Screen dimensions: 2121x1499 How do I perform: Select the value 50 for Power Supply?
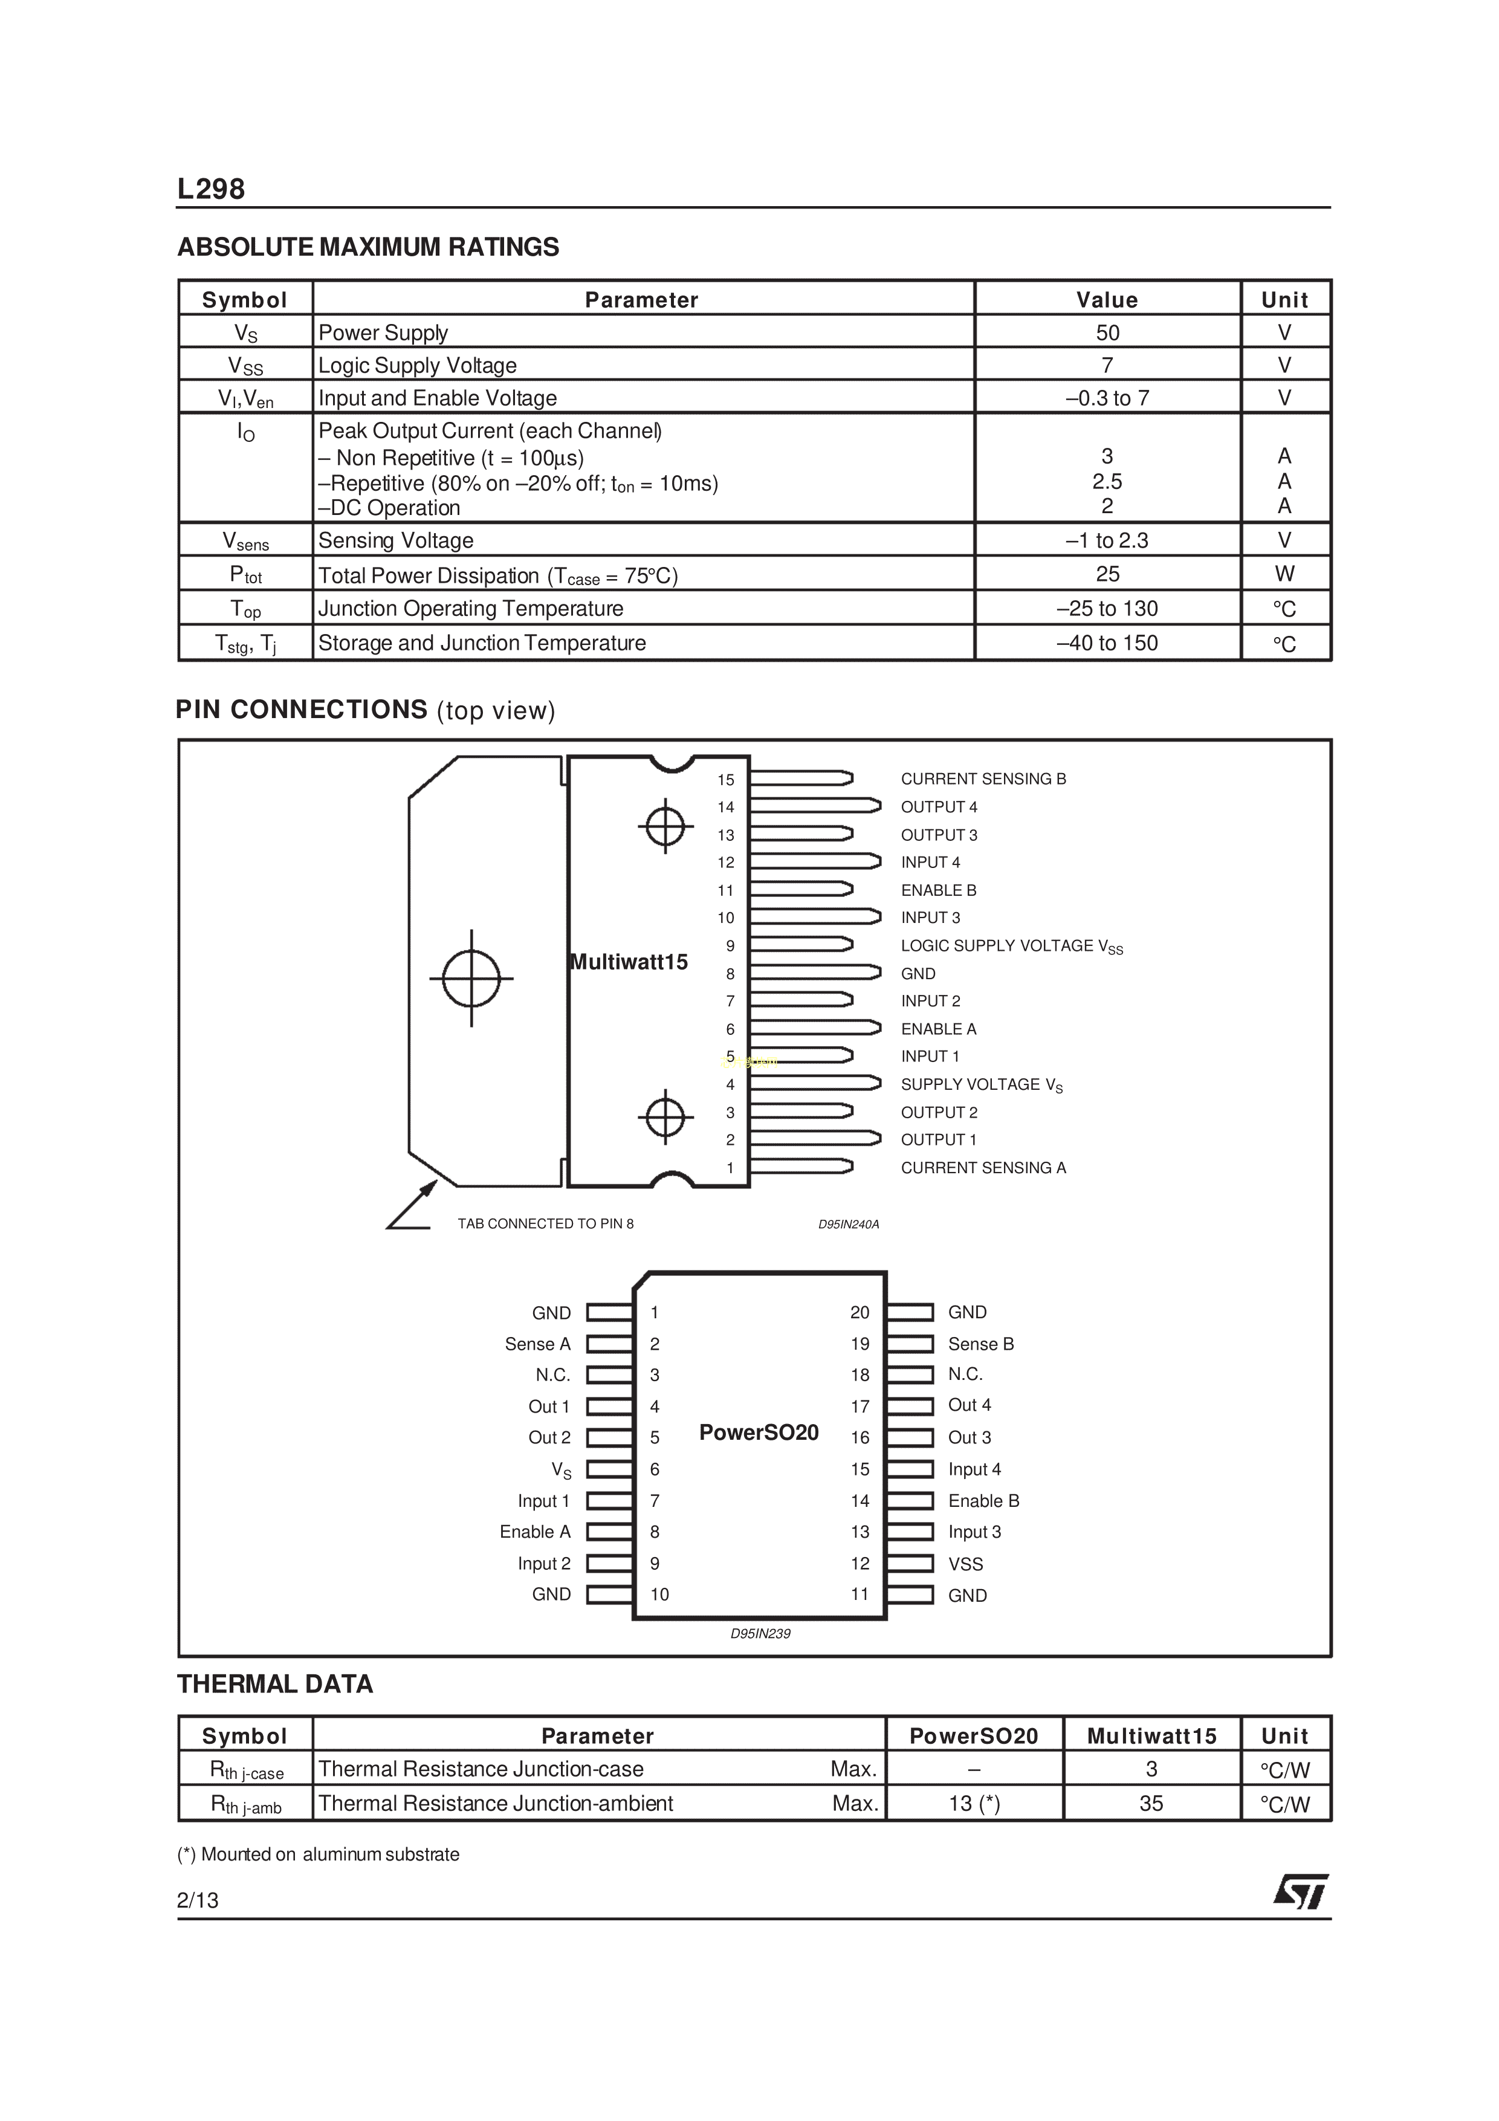[x=1107, y=332]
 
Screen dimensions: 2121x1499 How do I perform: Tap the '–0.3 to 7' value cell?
[x=1107, y=398]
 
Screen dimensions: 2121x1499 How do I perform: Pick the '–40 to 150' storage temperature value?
[x=1107, y=643]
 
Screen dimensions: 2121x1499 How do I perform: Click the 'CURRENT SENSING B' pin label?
[x=983, y=779]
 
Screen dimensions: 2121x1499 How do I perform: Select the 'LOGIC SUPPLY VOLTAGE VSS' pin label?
[x=1011, y=946]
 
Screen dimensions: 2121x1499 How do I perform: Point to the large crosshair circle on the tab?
[x=471, y=978]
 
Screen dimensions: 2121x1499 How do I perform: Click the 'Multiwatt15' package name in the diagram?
[x=629, y=962]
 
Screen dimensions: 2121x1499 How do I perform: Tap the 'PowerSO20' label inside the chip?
[x=759, y=1433]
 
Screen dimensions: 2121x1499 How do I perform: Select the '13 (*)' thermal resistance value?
[x=974, y=1803]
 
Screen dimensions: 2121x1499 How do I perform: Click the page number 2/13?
[x=198, y=1899]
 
